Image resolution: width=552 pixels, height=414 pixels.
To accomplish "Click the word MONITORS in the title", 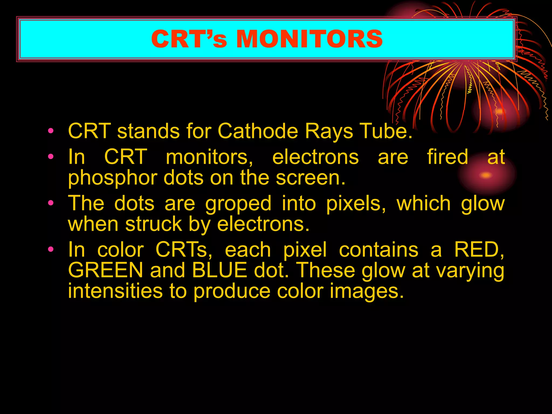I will (x=309, y=39).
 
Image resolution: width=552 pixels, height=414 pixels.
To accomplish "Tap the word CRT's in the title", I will (x=189, y=39).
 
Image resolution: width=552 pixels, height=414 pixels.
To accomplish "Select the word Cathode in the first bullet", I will (x=258, y=131).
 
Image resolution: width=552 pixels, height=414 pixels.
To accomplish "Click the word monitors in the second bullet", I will (x=209, y=157).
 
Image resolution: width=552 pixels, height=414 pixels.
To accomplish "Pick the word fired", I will (x=448, y=157).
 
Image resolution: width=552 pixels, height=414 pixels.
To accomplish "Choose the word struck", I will (x=154, y=224).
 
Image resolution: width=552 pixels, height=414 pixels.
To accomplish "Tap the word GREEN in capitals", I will (x=105, y=270).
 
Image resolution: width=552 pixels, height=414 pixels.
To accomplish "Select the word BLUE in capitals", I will (x=220, y=270).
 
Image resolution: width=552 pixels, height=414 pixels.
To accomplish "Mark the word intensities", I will (x=115, y=291).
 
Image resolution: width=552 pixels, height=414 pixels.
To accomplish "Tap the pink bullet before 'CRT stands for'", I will (x=51, y=131).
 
